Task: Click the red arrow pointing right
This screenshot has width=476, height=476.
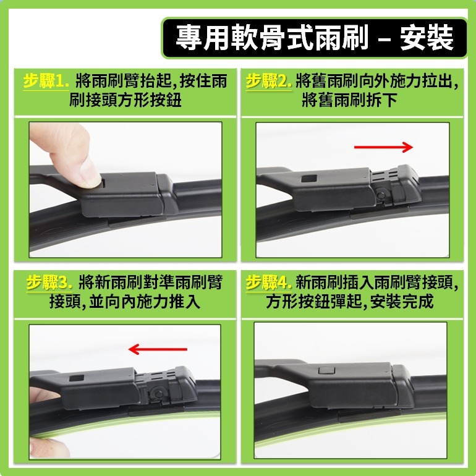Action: (x=383, y=147)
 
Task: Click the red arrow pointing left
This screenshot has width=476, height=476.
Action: (x=158, y=350)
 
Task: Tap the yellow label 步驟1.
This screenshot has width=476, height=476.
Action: (x=46, y=82)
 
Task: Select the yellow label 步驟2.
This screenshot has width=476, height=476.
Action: (x=268, y=82)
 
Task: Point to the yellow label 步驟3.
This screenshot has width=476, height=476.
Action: (x=49, y=284)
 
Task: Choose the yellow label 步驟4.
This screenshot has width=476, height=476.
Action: (x=268, y=284)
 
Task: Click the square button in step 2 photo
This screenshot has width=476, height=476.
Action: (x=308, y=179)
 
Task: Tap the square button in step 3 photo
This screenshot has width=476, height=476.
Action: (x=77, y=377)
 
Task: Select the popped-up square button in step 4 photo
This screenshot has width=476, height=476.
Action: (x=323, y=370)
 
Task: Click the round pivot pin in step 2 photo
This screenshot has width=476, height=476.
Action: (x=381, y=197)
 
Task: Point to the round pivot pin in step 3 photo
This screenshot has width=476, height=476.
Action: (x=158, y=393)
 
